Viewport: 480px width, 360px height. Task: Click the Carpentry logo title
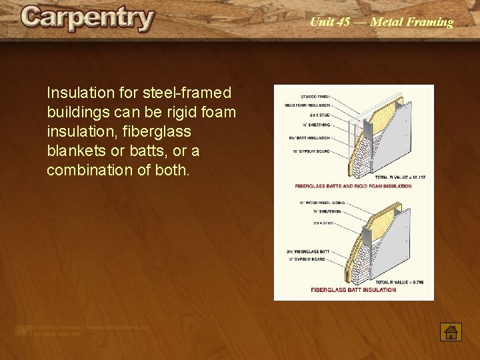[x=87, y=19]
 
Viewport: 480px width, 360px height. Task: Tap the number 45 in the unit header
[x=343, y=22]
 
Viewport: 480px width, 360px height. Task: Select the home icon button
[x=451, y=331]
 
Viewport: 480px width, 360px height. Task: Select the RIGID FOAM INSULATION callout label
[x=307, y=105]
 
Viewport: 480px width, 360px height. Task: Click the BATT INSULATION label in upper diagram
[x=310, y=138]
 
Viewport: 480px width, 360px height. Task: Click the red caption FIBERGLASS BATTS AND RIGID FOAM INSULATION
[x=353, y=186]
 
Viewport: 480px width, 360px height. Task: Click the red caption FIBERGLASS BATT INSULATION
[x=353, y=290]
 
